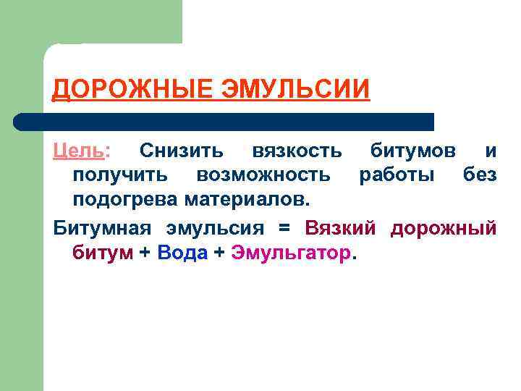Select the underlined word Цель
79,151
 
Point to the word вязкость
297,151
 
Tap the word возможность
263,175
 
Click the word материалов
246,198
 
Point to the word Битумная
102,228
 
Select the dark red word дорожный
443,229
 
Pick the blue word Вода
182,253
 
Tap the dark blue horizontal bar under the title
224,122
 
